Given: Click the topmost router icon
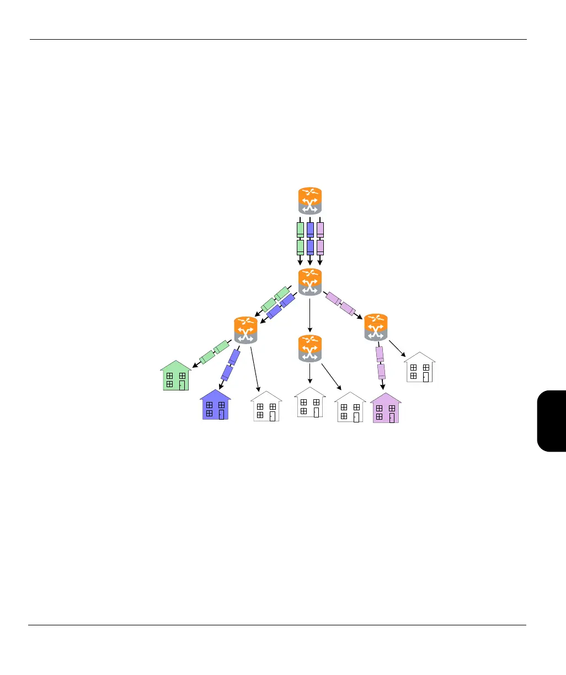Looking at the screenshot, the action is point(309,201).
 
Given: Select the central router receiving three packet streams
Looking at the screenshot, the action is point(309,282).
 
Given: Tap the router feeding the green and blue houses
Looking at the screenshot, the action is point(245,330).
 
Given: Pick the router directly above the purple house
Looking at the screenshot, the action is point(376,327).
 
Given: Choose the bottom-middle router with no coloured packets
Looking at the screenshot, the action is point(309,349).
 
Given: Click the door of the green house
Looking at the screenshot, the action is point(182,385).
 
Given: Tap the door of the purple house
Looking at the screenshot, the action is point(392,417).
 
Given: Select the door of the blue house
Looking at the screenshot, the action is point(221,414).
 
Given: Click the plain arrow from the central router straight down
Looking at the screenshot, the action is point(310,314).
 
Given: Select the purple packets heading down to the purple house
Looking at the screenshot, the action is point(381,362).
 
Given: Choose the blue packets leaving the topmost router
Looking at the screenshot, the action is point(310,238).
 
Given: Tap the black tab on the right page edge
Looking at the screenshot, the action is point(551,420).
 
